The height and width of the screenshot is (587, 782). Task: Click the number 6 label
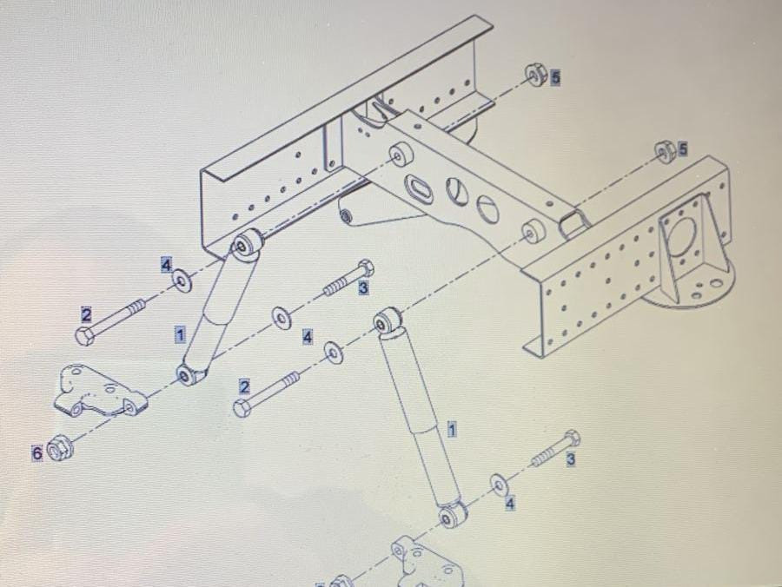[x=37, y=453]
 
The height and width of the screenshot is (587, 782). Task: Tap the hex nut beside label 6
[x=60, y=446]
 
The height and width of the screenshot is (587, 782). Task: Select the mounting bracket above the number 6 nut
[x=100, y=391]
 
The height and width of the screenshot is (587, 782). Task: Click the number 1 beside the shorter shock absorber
[x=180, y=333]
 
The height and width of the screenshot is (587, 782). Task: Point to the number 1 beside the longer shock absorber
[x=452, y=429]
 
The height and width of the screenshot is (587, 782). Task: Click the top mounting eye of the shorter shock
[x=246, y=244]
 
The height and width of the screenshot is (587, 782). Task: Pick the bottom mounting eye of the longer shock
[x=452, y=515]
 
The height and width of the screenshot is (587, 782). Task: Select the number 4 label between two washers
[x=308, y=337]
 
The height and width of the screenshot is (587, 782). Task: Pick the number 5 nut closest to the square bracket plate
[x=665, y=151]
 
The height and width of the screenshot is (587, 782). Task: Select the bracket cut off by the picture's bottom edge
[x=427, y=562]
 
